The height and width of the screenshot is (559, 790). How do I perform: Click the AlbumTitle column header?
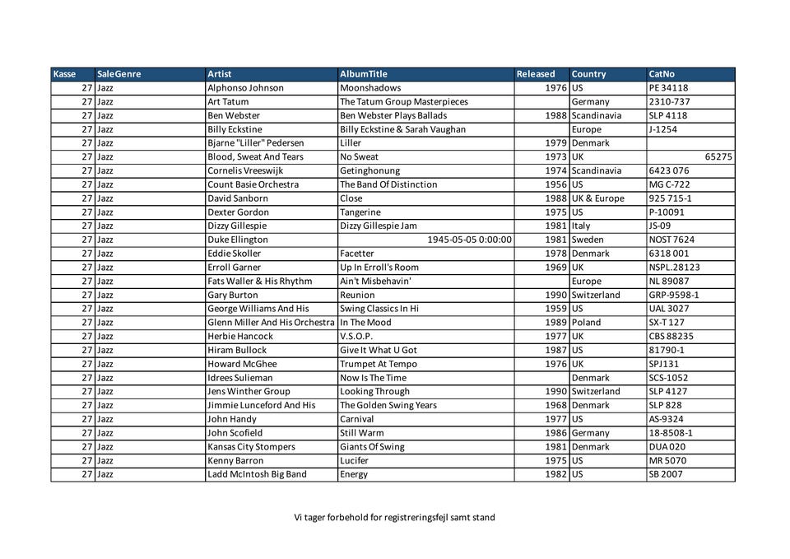click(364, 74)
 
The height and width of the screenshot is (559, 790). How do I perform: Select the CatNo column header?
click(662, 74)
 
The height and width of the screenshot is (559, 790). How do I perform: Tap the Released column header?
click(536, 74)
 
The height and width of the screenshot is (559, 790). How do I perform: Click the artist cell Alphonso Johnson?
click(245, 88)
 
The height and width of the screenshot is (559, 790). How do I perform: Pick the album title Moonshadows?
click(370, 88)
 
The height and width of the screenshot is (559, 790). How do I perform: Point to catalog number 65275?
click(718, 156)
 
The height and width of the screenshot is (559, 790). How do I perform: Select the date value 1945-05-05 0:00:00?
click(470, 240)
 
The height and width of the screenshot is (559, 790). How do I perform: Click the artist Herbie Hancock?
click(240, 337)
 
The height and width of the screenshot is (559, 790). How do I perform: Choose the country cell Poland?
click(586, 323)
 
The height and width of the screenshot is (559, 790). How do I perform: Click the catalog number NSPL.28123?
click(674, 268)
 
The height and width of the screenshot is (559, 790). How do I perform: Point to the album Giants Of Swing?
click(372, 447)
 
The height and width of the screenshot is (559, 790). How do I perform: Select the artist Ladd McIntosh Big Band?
click(257, 474)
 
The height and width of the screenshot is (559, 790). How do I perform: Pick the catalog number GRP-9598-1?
click(674, 295)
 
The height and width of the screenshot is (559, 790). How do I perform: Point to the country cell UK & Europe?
click(598, 198)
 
